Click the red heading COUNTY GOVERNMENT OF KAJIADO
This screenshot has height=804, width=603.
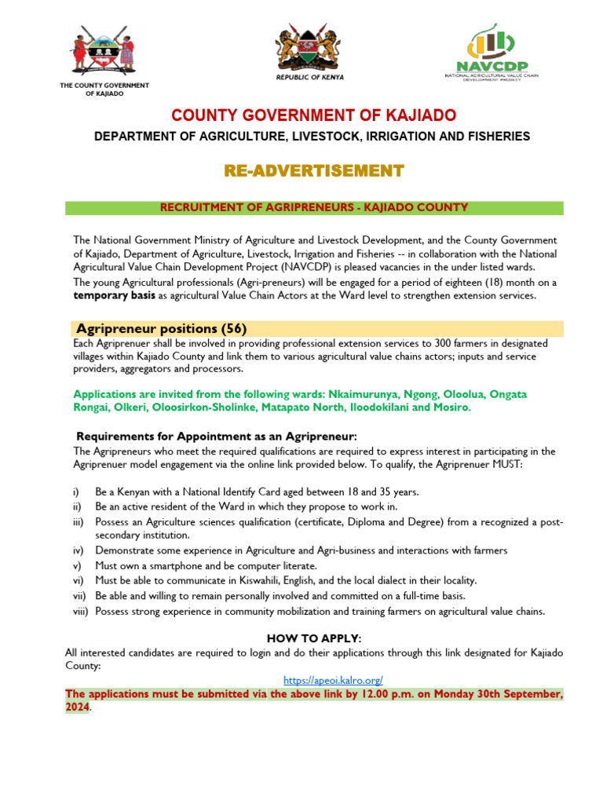click(x=313, y=115)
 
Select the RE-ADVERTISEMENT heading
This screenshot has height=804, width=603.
click(x=313, y=170)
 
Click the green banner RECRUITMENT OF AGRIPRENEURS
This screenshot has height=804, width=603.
click(x=313, y=207)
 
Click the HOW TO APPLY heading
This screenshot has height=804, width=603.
click(x=313, y=638)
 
